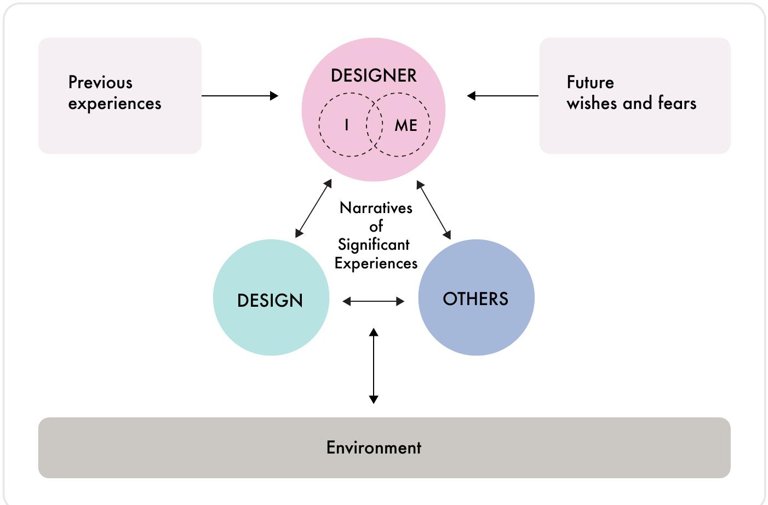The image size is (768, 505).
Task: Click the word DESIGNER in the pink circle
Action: [x=374, y=76]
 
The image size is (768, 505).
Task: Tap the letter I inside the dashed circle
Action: [x=346, y=125]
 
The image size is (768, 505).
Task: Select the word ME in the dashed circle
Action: [x=406, y=125]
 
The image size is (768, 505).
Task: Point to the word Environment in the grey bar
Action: [x=374, y=447]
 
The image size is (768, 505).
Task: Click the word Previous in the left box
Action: [x=100, y=83]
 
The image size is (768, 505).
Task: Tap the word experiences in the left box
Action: [x=114, y=104]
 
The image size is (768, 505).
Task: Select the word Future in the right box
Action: [x=590, y=83]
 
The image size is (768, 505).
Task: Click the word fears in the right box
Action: [x=677, y=103]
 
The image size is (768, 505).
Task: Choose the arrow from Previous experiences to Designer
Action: [x=240, y=96]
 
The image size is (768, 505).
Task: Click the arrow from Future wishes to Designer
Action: [x=502, y=96]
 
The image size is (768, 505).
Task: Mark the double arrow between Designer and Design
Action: [x=313, y=208]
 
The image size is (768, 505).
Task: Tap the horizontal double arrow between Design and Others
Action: [x=373, y=301]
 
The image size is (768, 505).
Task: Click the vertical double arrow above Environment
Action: [x=374, y=365]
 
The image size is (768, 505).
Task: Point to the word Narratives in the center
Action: [x=376, y=208]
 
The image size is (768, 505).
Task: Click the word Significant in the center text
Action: [x=374, y=245]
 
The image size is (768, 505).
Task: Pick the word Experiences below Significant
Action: [x=376, y=263]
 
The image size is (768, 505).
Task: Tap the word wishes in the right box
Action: [x=592, y=103]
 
